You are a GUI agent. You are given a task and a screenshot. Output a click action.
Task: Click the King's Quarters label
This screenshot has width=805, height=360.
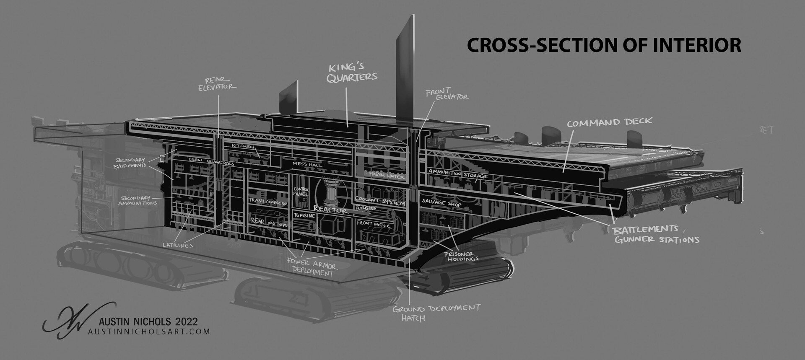click(x=353, y=72)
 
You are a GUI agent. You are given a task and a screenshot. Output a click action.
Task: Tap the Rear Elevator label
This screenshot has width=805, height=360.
click(x=217, y=83)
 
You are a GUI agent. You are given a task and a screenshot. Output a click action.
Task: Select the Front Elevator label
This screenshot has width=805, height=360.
click(x=447, y=93)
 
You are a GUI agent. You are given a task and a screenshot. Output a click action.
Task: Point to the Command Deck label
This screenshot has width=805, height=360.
click(x=609, y=122)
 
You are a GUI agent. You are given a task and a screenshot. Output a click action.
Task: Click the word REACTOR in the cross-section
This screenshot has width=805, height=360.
click(x=330, y=210)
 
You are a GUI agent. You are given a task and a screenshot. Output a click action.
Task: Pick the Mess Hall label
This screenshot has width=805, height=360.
click(x=307, y=164)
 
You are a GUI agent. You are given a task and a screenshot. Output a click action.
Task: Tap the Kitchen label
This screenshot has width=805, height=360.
click(x=243, y=147)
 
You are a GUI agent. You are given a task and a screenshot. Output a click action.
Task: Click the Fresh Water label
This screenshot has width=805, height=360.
click(x=387, y=175)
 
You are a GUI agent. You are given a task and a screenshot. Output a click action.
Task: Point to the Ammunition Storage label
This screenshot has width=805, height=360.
click(x=457, y=174)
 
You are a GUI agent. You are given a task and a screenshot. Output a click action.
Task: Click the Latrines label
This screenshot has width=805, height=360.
click(x=178, y=244)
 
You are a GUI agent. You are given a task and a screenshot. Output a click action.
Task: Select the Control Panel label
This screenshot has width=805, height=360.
click(x=301, y=192)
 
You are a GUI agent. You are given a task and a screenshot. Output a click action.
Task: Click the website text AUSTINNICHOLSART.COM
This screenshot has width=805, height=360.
click(x=149, y=332)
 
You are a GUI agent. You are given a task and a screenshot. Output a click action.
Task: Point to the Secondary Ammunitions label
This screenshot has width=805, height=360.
click(x=138, y=200)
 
